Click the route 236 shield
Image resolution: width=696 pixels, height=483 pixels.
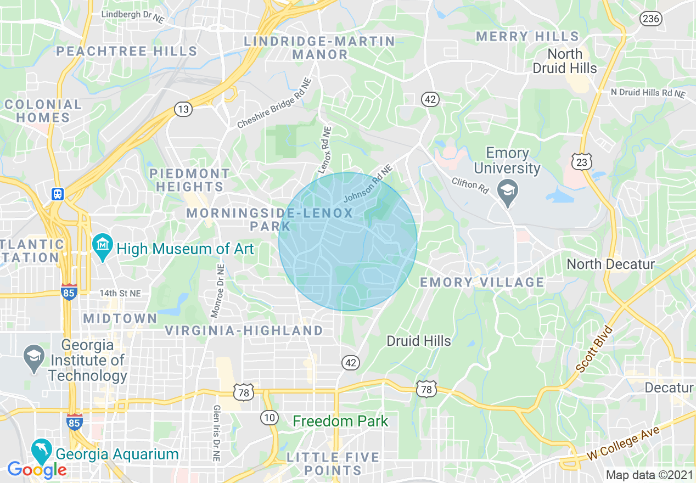[650, 18]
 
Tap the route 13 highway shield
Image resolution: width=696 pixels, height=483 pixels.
[183, 109]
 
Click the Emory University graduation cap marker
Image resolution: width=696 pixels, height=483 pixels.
[508, 192]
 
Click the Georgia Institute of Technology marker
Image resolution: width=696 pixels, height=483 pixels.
[34, 357]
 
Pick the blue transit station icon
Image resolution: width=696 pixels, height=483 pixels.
[58, 194]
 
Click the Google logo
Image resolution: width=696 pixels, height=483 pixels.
[37, 469]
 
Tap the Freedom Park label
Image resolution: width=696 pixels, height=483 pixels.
[340, 422]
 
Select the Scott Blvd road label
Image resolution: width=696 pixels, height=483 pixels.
[594, 350]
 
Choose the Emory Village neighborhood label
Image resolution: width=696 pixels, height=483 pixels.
[482, 282]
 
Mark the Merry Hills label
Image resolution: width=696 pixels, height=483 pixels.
[527, 37]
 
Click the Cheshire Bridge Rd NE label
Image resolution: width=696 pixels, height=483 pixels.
[274, 104]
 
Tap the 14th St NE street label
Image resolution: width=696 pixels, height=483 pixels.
[120, 294]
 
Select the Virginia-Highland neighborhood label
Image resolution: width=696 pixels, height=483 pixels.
[244, 330]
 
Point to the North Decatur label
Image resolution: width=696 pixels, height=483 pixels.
[611, 264]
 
